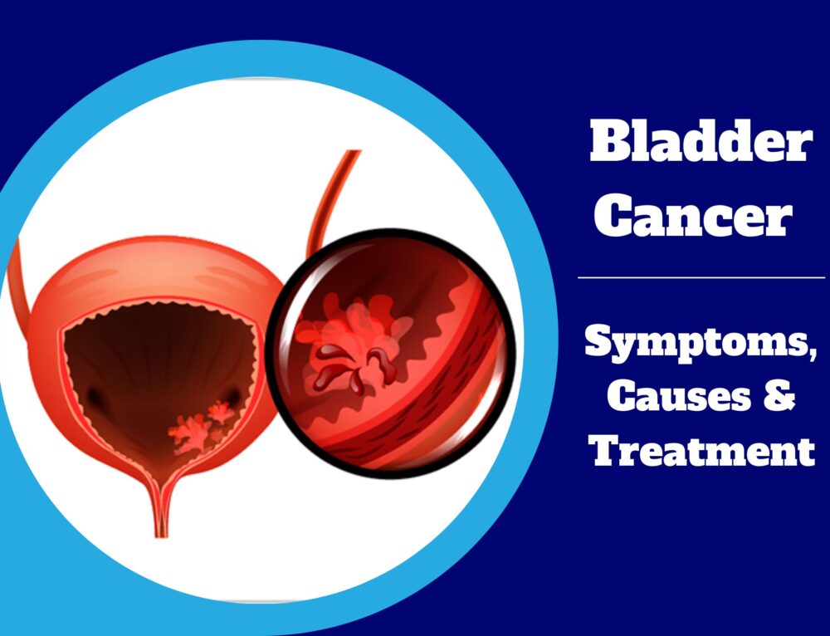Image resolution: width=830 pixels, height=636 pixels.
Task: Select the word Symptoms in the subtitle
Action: [x=696, y=342]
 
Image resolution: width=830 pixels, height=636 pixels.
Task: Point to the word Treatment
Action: [x=701, y=452]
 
